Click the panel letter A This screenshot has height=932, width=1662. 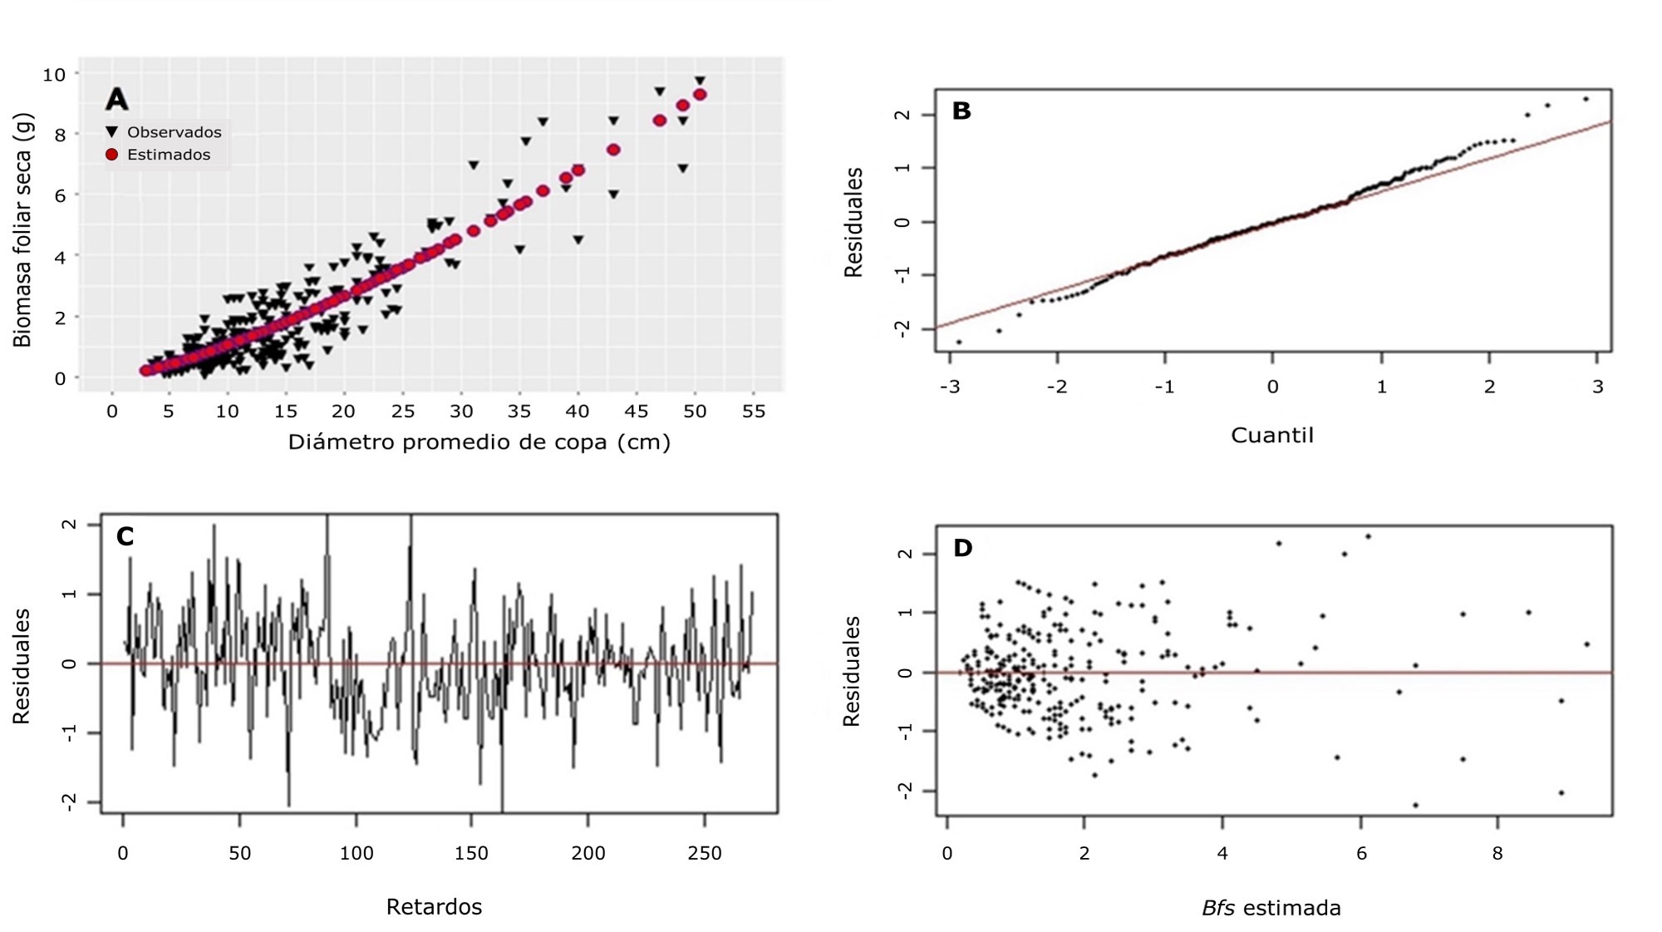pyautogui.click(x=116, y=100)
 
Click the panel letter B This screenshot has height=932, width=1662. pyautogui.click(x=961, y=111)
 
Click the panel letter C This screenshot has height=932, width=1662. pyautogui.click(x=125, y=536)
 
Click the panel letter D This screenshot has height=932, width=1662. pyautogui.click(x=962, y=548)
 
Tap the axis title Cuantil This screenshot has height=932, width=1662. pyautogui.click(x=1271, y=436)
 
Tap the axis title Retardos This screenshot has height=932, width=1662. pyautogui.click(x=434, y=906)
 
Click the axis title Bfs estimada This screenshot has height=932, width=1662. pyautogui.click(x=1271, y=908)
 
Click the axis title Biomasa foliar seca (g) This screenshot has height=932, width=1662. pyautogui.click(x=22, y=229)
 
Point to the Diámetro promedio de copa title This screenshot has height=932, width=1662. pyautogui.click(x=479, y=441)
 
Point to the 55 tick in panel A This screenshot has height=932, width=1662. pyautogui.click(x=753, y=412)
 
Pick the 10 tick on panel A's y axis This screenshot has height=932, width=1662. pyautogui.click(x=54, y=75)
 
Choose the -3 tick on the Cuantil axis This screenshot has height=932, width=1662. pyautogui.click(x=950, y=387)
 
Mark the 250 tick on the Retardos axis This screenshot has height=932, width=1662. pyautogui.click(x=705, y=853)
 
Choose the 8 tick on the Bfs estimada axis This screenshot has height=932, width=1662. pyautogui.click(x=1497, y=853)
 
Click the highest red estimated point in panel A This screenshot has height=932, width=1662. pyautogui.click(x=700, y=95)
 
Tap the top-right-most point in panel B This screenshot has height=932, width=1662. pyautogui.click(x=1586, y=99)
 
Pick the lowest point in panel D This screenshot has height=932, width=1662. pyautogui.click(x=1415, y=805)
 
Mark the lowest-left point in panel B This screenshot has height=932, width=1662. pyautogui.click(x=958, y=342)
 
